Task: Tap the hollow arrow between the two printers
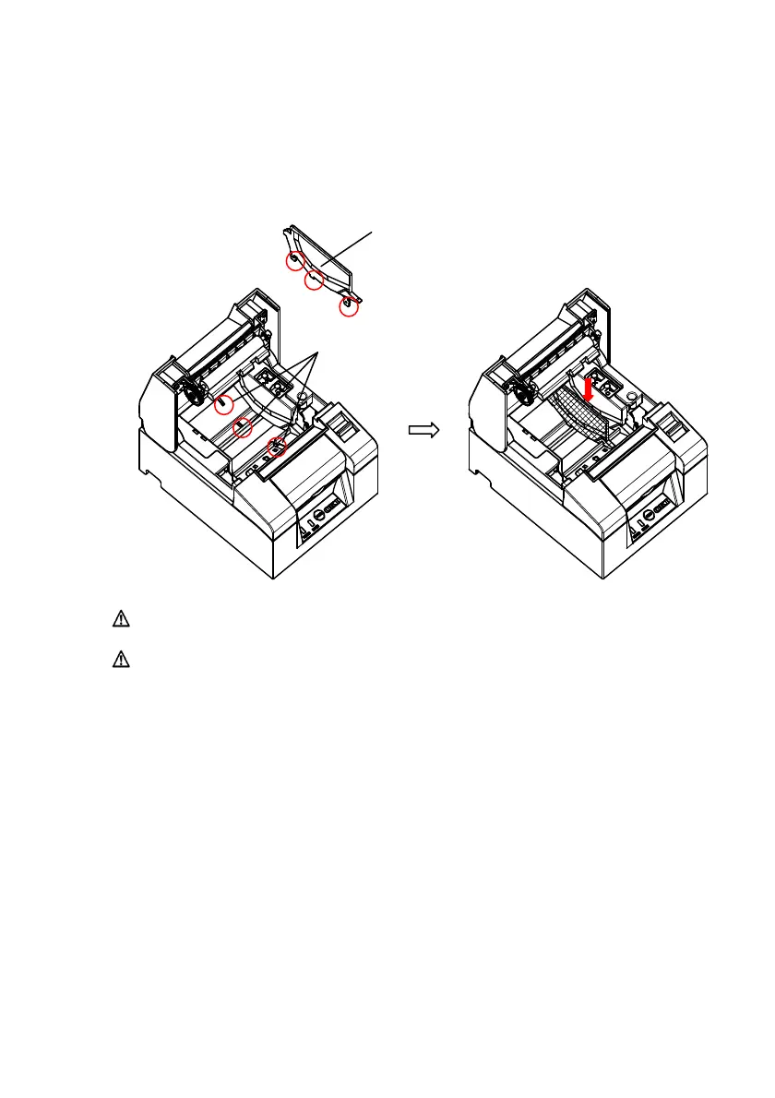[422, 429]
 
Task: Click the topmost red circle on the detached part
[293, 261]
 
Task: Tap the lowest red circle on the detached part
[349, 307]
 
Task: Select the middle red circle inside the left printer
[243, 427]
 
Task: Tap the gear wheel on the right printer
[523, 390]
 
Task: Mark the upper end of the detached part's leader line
[374, 233]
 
